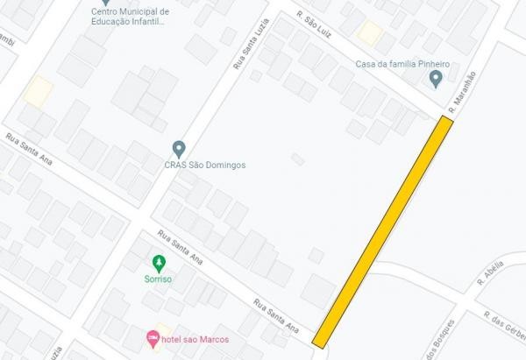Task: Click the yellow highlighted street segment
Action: (383, 231)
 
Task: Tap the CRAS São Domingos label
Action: (205, 165)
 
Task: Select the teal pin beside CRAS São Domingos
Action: (179, 147)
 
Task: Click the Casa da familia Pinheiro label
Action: (402, 64)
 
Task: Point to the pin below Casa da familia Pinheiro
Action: (436, 80)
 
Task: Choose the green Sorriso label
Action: (158, 278)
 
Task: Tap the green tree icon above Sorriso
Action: (158, 261)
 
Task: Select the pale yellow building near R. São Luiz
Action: (369, 33)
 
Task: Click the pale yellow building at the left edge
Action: (38, 91)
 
